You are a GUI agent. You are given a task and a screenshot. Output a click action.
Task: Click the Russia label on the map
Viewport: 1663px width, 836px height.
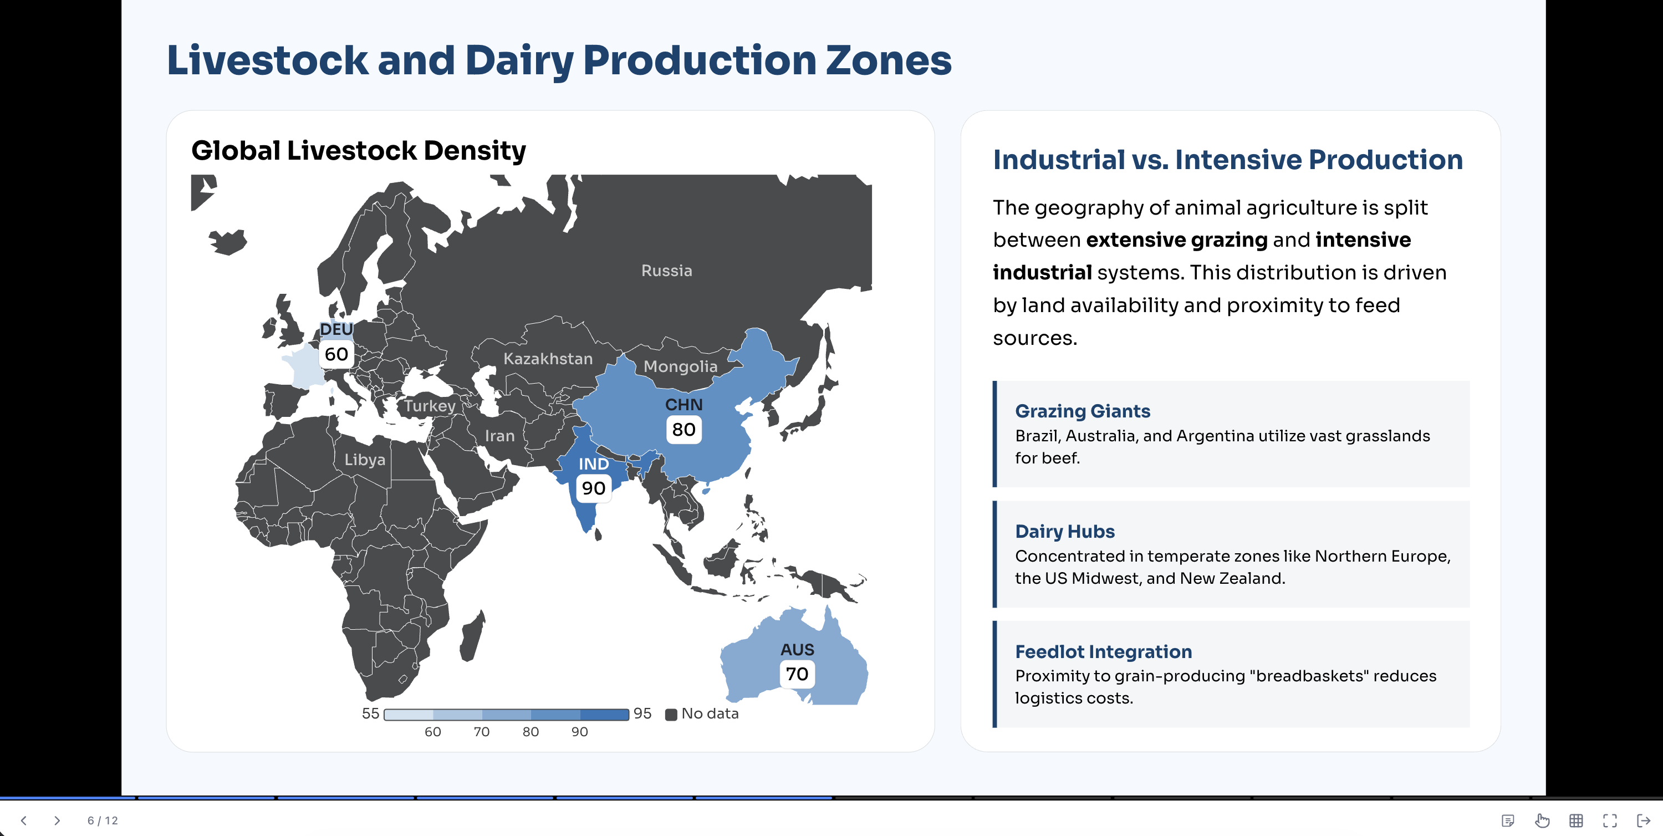point(666,271)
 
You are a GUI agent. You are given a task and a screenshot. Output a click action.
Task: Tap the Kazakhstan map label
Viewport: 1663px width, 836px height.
point(548,359)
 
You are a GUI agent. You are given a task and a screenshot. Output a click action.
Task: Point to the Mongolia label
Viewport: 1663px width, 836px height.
point(680,366)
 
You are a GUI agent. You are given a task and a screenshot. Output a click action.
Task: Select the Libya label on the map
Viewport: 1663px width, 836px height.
point(365,460)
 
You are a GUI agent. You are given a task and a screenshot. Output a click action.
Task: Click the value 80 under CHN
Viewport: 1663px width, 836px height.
point(683,429)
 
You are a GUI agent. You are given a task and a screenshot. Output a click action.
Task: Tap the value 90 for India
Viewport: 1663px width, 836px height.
point(593,488)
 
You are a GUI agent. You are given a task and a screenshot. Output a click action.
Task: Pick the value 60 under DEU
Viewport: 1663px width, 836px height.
point(336,354)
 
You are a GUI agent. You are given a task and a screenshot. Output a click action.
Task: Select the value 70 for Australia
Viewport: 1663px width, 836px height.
point(797,674)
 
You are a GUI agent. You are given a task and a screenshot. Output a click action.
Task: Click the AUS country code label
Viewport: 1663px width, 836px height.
point(797,649)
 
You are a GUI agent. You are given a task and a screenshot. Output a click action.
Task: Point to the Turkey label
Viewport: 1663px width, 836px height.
point(430,406)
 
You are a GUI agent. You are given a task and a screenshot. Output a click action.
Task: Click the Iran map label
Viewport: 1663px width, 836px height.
point(499,436)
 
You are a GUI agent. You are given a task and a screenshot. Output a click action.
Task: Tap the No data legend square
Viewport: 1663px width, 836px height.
point(671,714)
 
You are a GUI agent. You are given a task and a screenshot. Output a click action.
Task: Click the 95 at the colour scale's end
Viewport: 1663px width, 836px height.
point(642,713)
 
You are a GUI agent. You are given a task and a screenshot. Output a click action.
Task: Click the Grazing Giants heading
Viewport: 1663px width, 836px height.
point(1082,411)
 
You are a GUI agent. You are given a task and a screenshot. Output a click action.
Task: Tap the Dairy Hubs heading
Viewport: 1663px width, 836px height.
point(1064,531)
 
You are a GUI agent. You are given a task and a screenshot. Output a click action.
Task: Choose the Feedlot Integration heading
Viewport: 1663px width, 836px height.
point(1103,651)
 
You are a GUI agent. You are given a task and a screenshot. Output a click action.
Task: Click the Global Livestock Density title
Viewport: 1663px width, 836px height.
point(358,151)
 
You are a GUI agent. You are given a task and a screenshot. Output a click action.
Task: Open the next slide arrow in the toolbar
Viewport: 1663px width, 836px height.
point(57,820)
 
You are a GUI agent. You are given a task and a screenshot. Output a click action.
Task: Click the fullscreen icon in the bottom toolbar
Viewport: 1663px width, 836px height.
point(1609,820)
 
